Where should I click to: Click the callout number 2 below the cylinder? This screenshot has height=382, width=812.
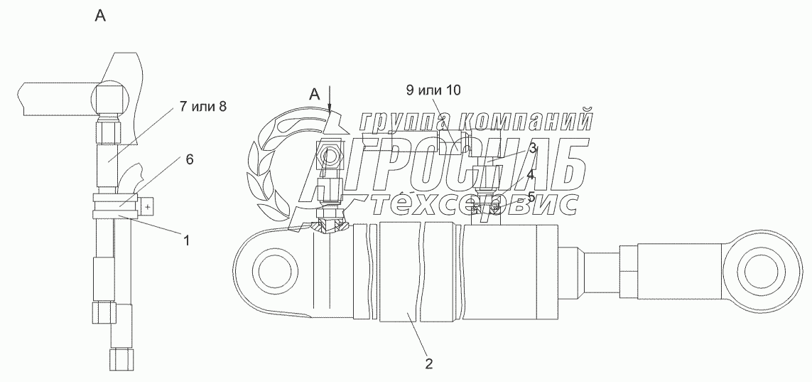pyautogui.click(x=428, y=364)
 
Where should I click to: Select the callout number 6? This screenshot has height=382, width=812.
pyautogui.click(x=190, y=159)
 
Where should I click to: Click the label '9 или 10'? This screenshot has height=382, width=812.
pyautogui.click(x=433, y=91)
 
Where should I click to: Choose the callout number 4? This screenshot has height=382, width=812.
pyautogui.click(x=531, y=176)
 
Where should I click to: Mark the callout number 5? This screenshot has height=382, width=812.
pyautogui.click(x=531, y=197)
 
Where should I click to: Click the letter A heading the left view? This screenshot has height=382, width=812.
pyautogui.click(x=100, y=16)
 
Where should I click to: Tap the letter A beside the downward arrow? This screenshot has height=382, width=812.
pyautogui.click(x=315, y=95)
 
